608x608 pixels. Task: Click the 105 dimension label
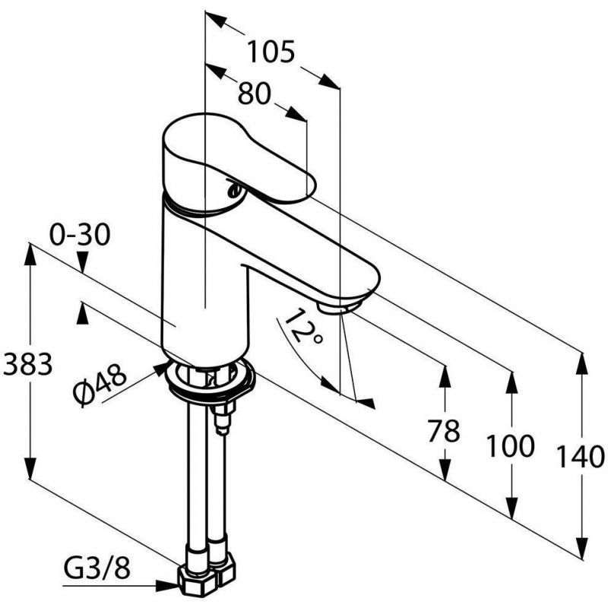coord(271,52)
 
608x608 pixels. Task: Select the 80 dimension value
coord(254,93)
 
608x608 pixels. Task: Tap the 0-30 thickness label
coord(80,235)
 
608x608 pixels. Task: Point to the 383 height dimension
coord(27,364)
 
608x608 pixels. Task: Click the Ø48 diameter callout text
coord(100,385)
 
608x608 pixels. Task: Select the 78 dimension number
coord(444,430)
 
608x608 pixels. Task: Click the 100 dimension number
coord(510,446)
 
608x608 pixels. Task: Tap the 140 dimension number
coord(581,456)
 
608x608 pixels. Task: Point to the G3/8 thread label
coord(97,569)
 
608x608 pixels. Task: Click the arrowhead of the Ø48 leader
coord(161,369)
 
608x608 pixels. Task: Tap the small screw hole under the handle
coord(234,190)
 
